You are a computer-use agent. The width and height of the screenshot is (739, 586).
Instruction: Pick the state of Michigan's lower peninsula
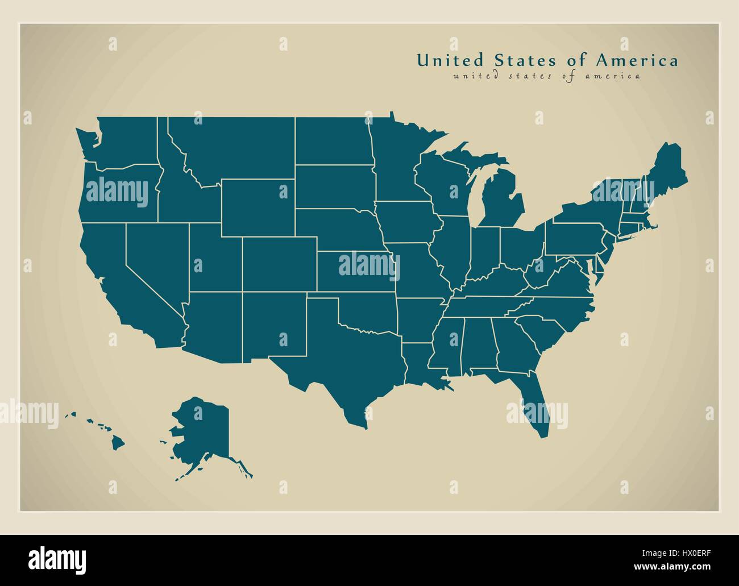500,202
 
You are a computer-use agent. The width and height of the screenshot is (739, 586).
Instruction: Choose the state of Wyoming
258,207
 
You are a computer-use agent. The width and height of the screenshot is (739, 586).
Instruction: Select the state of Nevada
156,256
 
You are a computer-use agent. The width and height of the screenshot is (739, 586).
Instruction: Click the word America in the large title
637,60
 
